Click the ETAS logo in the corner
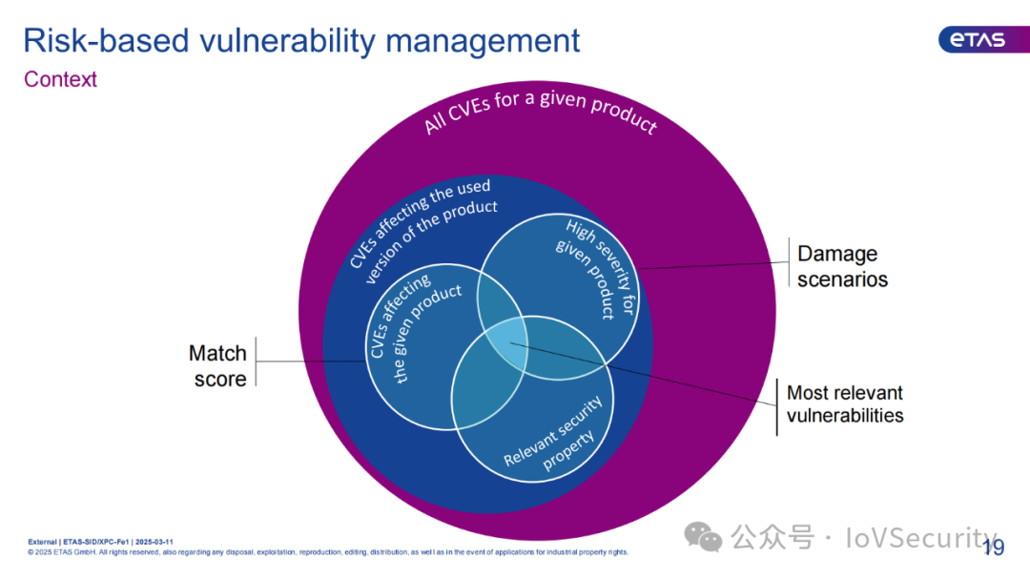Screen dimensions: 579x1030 972,39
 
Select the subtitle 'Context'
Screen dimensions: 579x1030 60,79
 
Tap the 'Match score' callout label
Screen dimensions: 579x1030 218,366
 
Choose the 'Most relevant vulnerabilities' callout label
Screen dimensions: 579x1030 845,404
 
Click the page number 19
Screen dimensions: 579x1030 993,547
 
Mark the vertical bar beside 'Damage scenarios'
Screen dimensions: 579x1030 786,266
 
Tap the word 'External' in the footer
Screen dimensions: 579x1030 41,541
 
